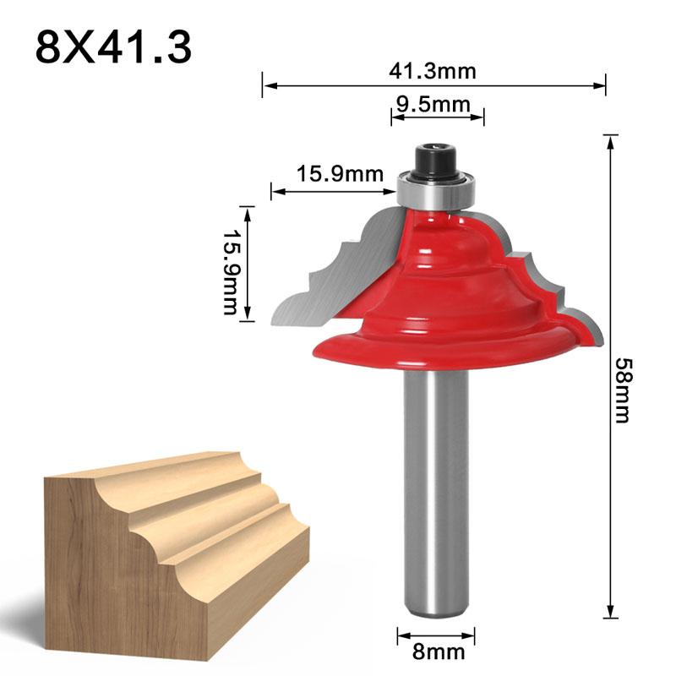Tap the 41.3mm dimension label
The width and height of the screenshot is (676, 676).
coord(433,71)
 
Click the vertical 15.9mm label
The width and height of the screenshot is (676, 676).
coord(230,262)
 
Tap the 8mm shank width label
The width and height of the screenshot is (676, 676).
coord(433,651)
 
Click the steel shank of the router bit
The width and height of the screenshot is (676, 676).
coord(436,490)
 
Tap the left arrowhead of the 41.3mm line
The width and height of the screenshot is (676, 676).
coord(266,84)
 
